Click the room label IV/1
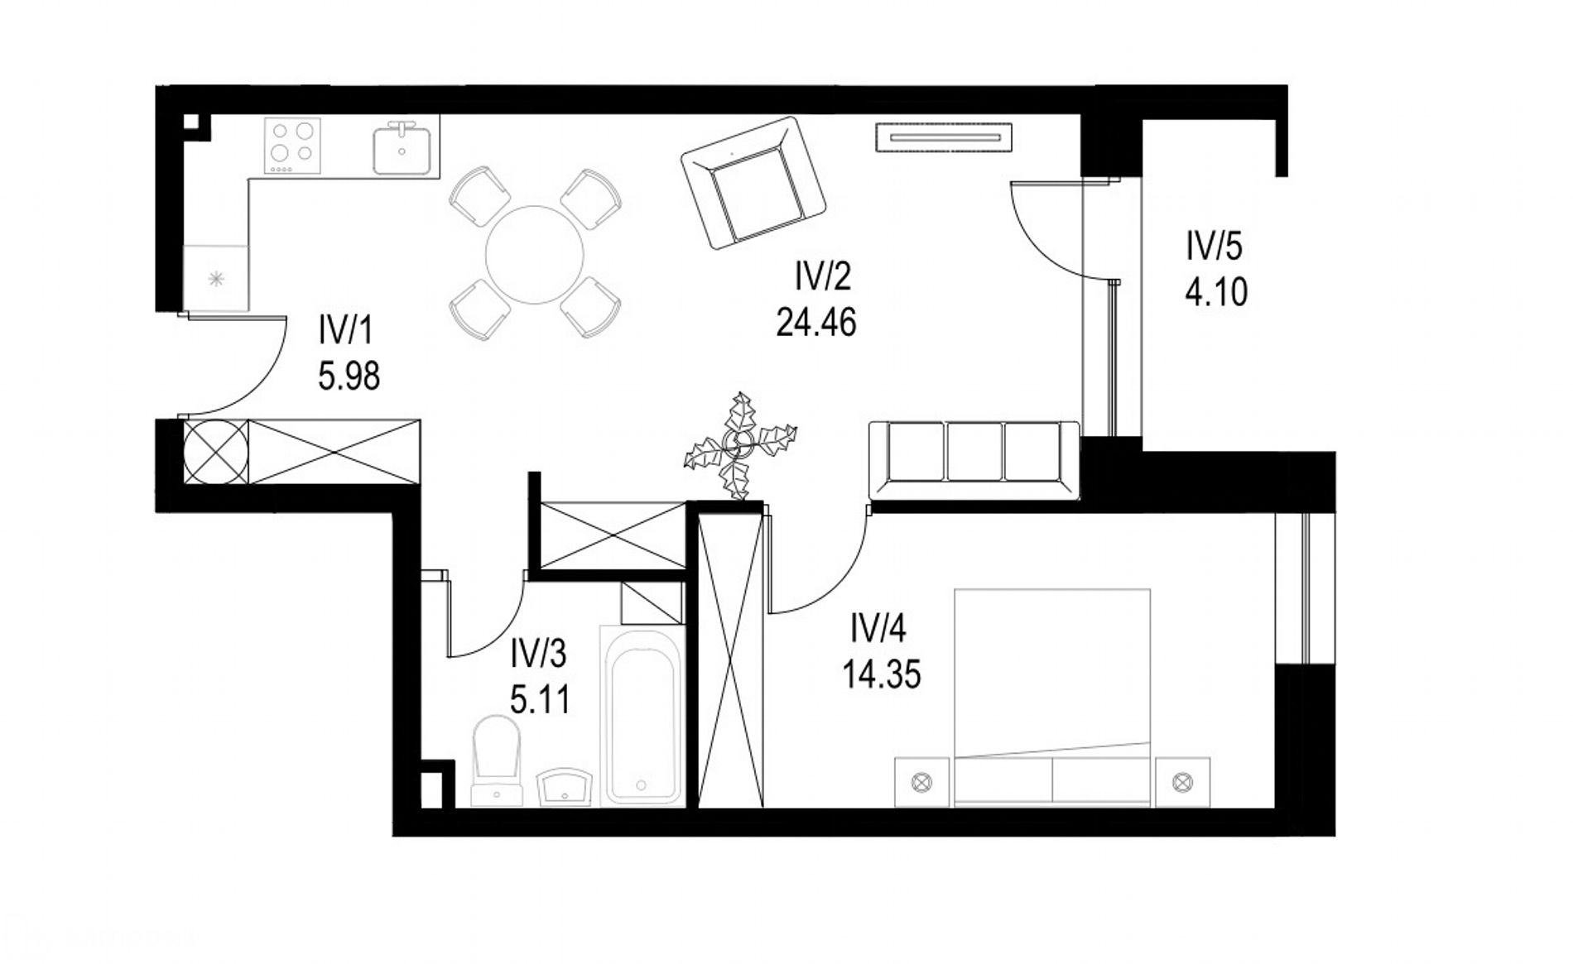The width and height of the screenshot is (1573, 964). click(x=346, y=333)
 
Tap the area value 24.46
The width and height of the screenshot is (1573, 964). click(x=815, y=322)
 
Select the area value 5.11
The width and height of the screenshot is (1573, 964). click(x=539, y=700)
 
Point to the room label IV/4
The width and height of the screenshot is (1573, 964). click(x=879, y=630)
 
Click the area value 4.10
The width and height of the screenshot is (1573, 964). click(x=1216, y=292)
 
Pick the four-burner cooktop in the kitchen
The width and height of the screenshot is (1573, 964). click(x=292, y=146)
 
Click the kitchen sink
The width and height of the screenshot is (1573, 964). click(x=402, y=148)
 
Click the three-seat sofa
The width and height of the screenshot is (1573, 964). click(x=974, y=460)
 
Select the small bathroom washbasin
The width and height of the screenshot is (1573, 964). click(x=565, y=786)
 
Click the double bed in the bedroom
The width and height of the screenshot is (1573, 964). click(x=1052, y=697)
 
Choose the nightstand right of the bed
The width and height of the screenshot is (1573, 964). click(x=1182, y=781)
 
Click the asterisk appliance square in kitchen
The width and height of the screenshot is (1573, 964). click(x=215, y=278)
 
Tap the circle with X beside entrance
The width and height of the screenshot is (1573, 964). click(x=215, y=452)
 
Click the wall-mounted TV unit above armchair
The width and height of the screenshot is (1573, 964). click(x=944, y=137)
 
